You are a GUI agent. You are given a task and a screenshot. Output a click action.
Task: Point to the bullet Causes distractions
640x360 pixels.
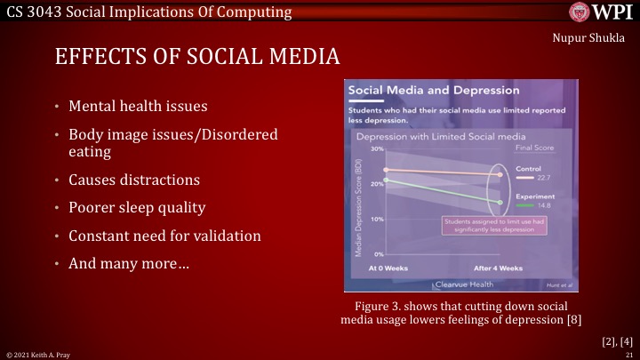click(x=134, y=180)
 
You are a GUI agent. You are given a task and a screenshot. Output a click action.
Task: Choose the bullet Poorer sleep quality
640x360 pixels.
click(x=137, y=208)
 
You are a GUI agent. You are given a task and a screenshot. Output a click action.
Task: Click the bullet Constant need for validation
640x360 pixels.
click(x=164, y=236)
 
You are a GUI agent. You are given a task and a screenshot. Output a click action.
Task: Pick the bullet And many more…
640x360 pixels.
click(x=128, y=264)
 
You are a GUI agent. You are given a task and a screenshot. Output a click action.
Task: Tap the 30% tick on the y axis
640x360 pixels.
click(x=377, y=149)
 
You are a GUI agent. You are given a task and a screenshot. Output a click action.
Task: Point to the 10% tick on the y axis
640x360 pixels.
click(x=377, y=219)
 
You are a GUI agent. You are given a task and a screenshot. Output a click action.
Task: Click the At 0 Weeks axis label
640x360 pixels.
click(x=387, y=268)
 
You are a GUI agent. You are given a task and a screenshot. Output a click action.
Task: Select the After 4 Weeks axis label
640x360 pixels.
click(x=498, y=268)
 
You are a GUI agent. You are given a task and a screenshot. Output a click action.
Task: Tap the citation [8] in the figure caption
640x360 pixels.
click(x=573, y=319)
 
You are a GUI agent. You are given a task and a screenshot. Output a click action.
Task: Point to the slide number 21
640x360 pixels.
click(x=628, y=355)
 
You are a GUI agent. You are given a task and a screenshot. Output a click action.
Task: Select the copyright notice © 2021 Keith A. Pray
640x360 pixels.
click(x=36, y=355)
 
